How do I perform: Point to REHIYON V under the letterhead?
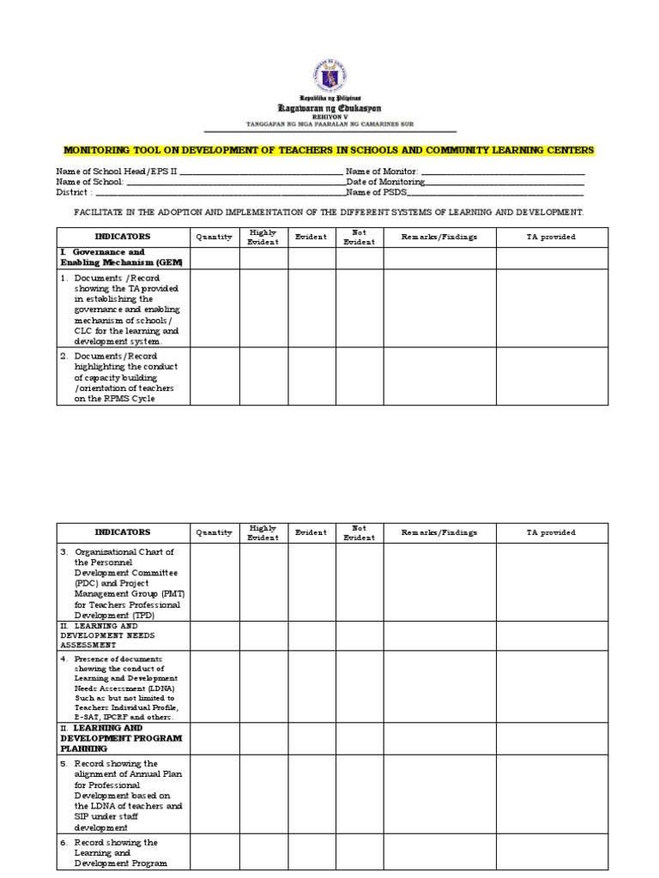(329, 117)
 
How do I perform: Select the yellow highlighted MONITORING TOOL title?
(329, 151)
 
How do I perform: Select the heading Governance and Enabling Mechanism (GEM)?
(121, 257)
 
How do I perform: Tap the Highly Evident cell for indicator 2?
(263, 376)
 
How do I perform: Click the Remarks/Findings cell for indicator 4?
(439, 686)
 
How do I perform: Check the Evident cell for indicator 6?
(311, 852)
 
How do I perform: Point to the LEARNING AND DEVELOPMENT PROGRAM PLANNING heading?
(121, 737)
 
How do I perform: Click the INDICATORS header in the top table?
(123, 237)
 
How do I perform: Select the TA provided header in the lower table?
(551, 532)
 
